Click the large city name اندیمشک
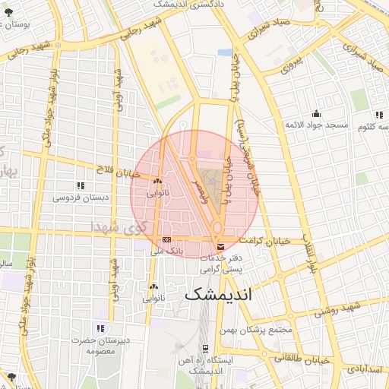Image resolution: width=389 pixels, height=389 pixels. click(217, 293)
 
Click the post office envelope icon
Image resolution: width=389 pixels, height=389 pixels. click(220, 246)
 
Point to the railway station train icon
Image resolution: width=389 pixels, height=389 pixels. click(205, 349)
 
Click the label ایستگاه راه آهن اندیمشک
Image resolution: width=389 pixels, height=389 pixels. click(207, 366)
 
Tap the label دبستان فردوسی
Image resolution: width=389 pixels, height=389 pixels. click(80, 197)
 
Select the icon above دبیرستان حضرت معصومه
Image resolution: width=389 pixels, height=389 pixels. click(100, 329)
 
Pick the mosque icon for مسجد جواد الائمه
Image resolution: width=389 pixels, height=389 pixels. click(316, 113)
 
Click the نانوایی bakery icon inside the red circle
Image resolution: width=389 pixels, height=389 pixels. click(157, 181)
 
